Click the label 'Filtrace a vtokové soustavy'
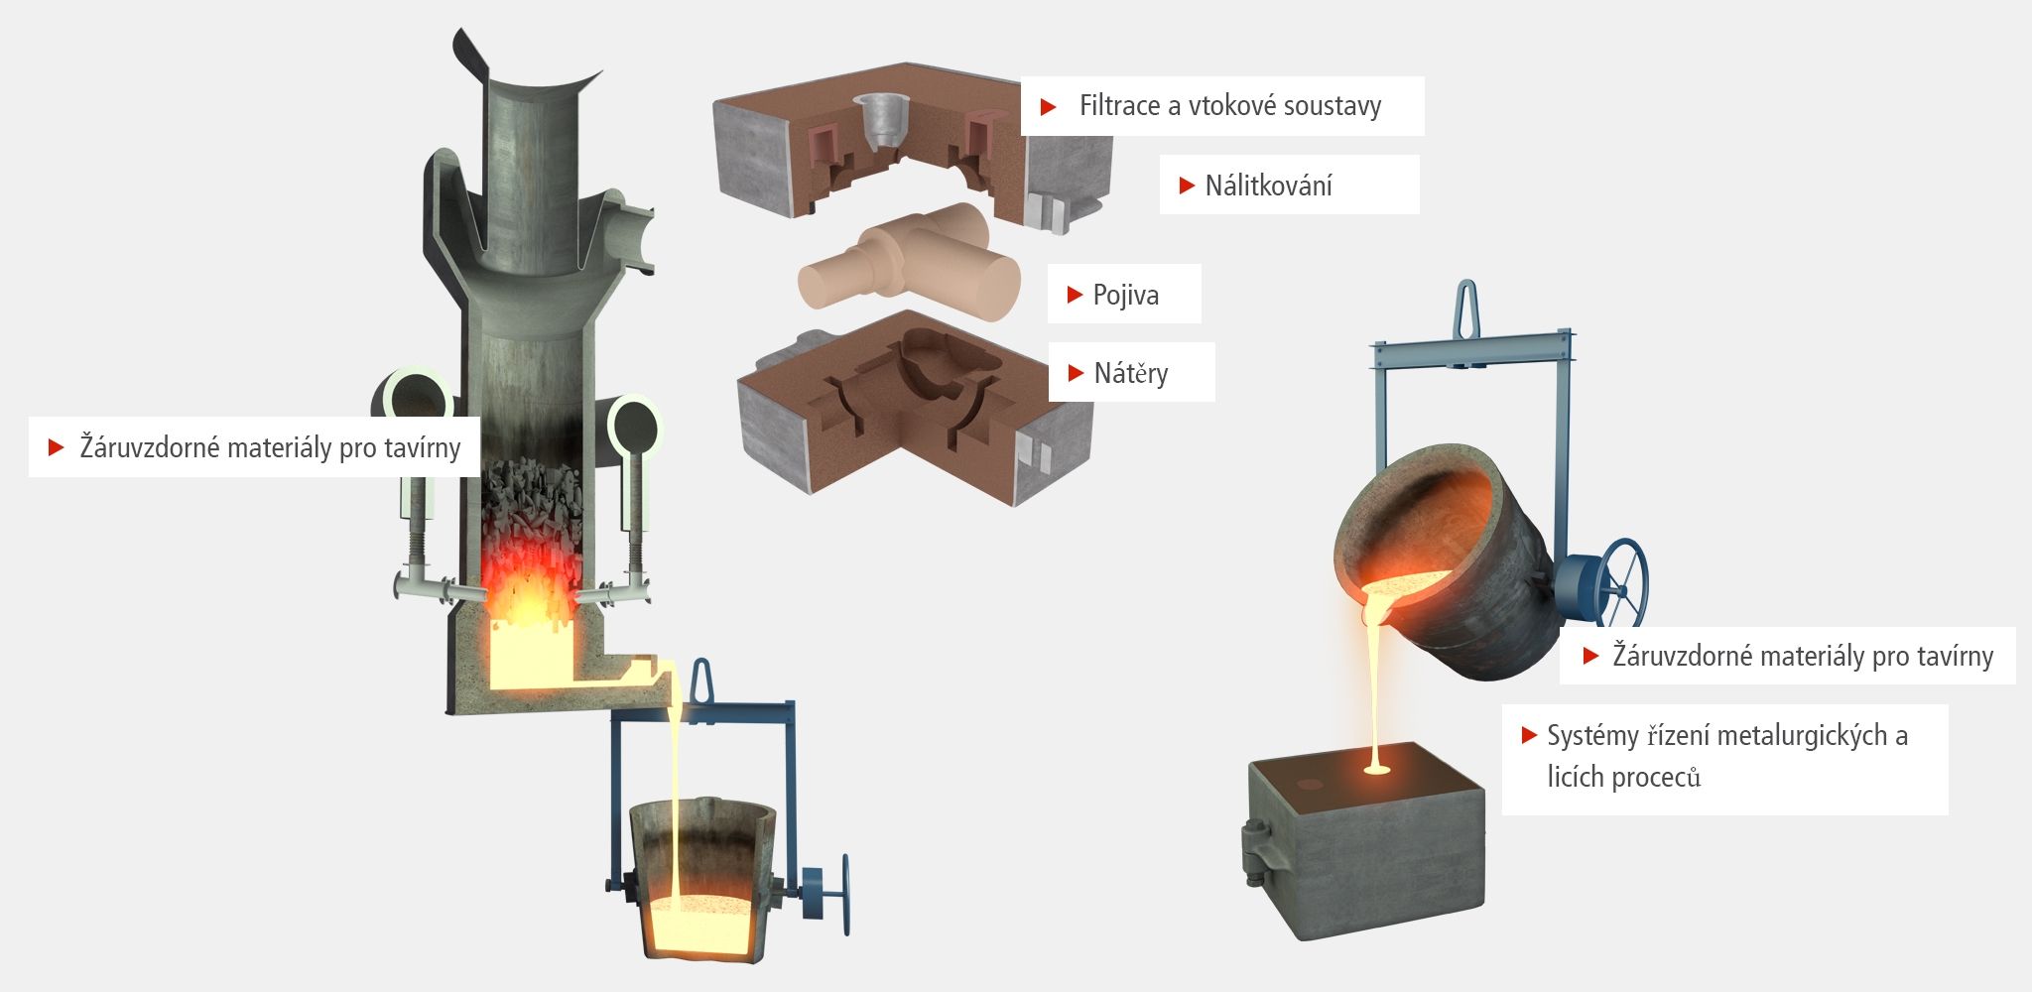tap(1229, 106)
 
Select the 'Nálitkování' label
tap(1268, 186)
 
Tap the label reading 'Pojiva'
tap(1125, 295)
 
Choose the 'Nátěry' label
tap(1130, 373)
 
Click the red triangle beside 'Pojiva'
tap(1074, 295)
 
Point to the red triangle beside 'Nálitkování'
tap(1186, 186)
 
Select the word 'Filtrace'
tap(1119, 106)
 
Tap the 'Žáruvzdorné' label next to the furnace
tap(150, 447)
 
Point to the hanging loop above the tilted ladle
tap(1466, 310)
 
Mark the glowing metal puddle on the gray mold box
tap(1377, 767)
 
